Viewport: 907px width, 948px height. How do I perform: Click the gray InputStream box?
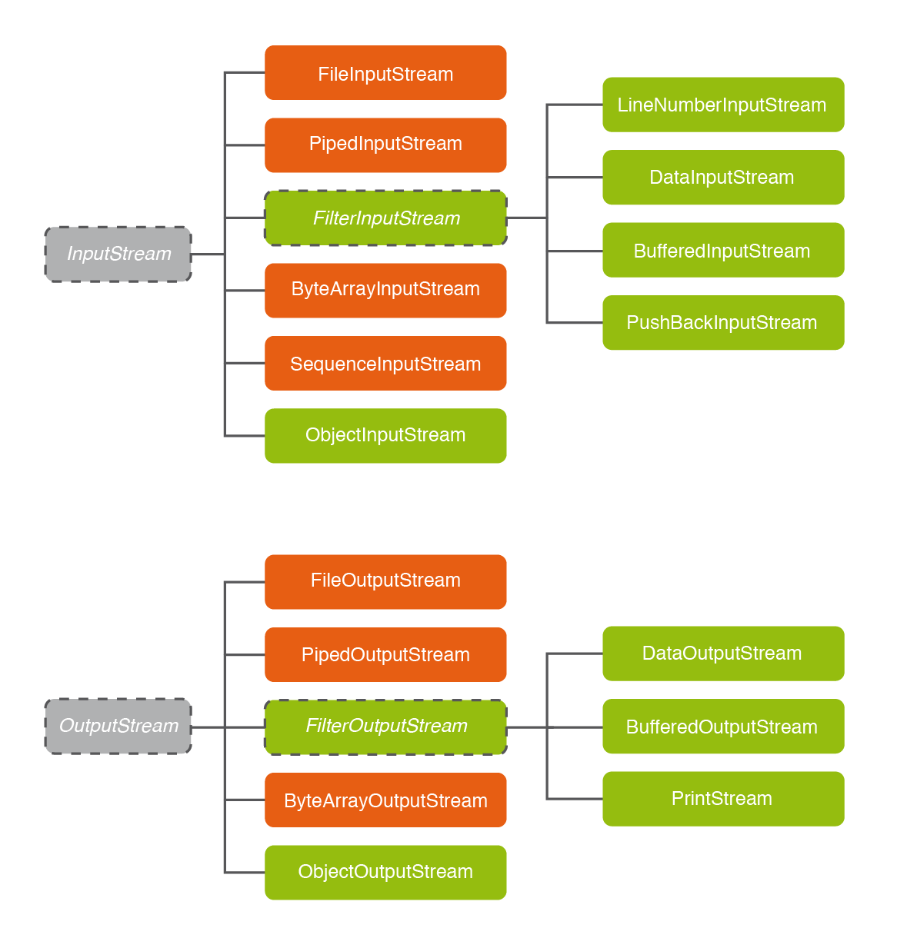(x=118, y=254)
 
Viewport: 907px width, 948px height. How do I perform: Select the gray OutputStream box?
(x=118, y=726)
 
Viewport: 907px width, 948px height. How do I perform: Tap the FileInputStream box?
(x=385, y=73)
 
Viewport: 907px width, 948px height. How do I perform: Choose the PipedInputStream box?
(x=385, y=145)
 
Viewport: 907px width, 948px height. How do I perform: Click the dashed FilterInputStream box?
(x=385, y=218)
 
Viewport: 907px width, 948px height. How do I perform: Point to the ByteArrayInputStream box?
(x=385, y=290)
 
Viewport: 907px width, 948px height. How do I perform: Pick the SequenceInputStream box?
(x=385, y=363)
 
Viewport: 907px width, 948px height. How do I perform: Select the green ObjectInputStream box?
(x=385, y=435)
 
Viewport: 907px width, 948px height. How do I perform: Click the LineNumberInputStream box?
(x=723, y=105)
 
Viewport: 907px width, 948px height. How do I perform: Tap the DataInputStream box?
(x=723, y=177)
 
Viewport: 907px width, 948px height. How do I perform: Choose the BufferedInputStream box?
(x=723, y=250)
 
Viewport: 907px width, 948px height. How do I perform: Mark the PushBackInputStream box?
(x=723, y=322)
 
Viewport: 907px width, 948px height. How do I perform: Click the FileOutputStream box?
(x=385, y=581)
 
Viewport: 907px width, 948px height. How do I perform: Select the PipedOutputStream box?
(x=385, y=654)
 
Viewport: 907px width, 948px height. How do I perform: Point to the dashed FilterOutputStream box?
(x=385, y=727)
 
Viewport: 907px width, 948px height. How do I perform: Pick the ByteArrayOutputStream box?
(x=385, y=800)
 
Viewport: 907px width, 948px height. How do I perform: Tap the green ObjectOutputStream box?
(x=385, y=872)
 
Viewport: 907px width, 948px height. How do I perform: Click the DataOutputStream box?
(x=723, y=654)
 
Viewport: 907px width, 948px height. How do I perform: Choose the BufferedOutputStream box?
(x=723, y=726)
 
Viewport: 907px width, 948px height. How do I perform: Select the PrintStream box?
(x=723, y=799)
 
